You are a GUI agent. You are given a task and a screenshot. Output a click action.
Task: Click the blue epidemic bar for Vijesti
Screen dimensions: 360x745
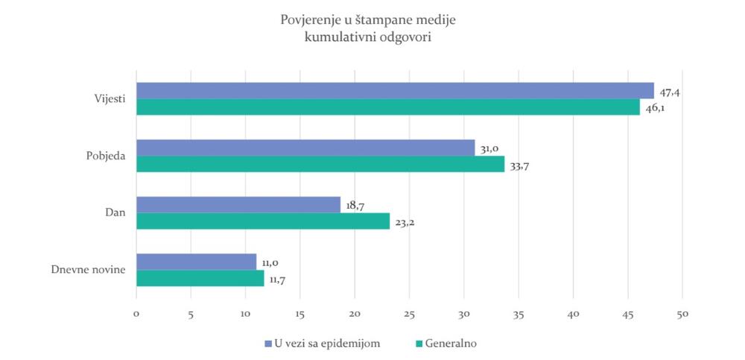[x=395, y=91]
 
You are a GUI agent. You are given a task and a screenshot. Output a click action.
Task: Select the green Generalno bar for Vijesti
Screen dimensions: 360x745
[x=388, y=107]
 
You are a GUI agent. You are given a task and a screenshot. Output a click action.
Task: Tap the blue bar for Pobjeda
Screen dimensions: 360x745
[x=305, y=148]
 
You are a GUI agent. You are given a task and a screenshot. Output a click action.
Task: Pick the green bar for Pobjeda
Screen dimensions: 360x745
[x=320, y=164]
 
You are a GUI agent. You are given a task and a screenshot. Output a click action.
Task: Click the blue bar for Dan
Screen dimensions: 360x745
[x=238, y=205]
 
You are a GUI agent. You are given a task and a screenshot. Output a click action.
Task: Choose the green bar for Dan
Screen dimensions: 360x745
[x=263, y=221]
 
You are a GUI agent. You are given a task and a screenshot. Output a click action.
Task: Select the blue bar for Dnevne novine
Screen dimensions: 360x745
[x=197, y=262]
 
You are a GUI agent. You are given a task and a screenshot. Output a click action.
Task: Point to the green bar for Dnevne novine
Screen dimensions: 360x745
[x=200, y=278]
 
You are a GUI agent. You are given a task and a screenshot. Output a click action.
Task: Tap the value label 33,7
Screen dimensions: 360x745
[x=520, y=165]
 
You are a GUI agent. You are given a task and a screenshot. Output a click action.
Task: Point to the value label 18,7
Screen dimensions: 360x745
[x=356, y=206]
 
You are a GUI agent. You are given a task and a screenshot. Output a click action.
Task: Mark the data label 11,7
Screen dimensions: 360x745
[x=279, y=280]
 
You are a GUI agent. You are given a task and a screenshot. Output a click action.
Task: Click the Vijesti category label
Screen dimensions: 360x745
[x=110, y=98]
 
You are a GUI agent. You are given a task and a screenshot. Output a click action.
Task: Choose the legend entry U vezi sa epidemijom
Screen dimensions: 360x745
[x=325, y=344]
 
